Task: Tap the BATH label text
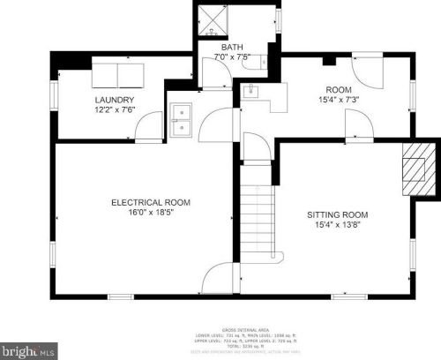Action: click(x=232, y=48)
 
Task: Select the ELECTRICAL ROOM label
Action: click(x=150, y=202)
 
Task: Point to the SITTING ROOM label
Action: click(x=337, y=214)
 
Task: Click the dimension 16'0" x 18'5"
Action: click(x=150, y=213)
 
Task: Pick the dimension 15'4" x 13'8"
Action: click(x=337, y=225)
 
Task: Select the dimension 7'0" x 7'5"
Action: click(x=232, y=58)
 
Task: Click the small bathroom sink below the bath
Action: click(x=251, y=91)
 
